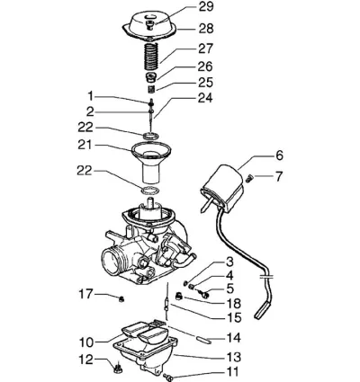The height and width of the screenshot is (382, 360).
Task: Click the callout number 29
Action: coord(206,6)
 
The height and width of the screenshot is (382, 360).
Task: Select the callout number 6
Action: coord(279,155)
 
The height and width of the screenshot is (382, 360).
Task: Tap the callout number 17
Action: coord(85,294)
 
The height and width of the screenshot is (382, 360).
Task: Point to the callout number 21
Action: coord(85,145)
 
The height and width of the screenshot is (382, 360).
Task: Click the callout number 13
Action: coord(233,357)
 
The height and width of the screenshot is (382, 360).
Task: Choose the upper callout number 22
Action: coord(85,128)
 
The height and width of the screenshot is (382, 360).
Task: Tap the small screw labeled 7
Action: coord(249,179)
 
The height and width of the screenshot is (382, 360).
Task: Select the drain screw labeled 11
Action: coord(167,377)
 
